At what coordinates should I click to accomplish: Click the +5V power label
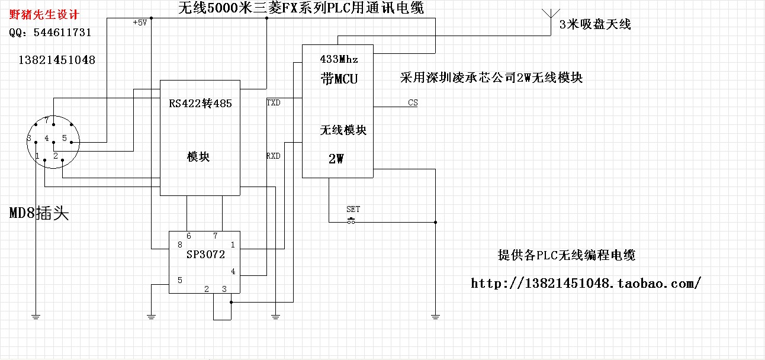(x=140, y=22)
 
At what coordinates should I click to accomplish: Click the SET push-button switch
(x=352, y=221)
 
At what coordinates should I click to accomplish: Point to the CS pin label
(x=413, y=102)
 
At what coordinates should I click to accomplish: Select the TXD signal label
(x=273, y=103)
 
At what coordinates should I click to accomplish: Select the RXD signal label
(x=273, y=156)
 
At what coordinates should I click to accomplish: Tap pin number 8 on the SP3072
(x=179, y=245)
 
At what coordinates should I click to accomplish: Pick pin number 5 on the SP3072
(x=179, y=279)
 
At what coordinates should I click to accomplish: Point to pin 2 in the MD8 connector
(x=56, y=156)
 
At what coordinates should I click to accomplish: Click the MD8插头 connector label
(x=39, y=214)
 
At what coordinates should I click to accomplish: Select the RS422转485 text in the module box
(x=200, y=104)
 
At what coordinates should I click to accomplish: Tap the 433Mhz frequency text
(x=339, y=60)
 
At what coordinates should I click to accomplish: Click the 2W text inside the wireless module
(x=336, y=159)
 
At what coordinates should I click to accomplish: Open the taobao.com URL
(x=586, y=283)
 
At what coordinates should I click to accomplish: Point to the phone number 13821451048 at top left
(x=57, y=60)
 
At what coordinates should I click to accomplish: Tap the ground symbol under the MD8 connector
(x=36, y=317)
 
